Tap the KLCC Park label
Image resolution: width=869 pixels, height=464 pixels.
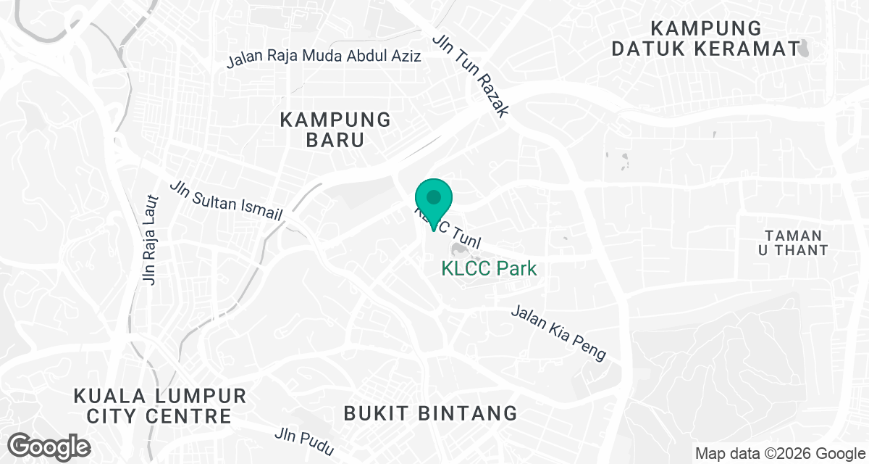click(490, 269)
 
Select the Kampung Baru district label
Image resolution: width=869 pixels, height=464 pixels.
click(335, 130)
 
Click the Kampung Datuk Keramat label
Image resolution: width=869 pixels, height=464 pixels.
click(706, 39)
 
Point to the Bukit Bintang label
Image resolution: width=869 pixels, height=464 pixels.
click(430, 413)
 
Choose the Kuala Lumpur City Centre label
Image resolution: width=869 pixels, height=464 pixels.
click(159, 406)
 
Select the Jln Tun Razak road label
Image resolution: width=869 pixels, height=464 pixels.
click(471, 75)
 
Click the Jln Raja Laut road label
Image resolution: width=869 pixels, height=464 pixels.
click(151, 239)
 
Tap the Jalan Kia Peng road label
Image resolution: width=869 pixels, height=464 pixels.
click(558, 333)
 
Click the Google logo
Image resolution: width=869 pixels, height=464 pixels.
click(49, 446)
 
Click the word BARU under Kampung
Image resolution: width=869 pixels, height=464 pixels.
click(335, 140)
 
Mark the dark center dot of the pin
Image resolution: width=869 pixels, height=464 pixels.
click(433, 196)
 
